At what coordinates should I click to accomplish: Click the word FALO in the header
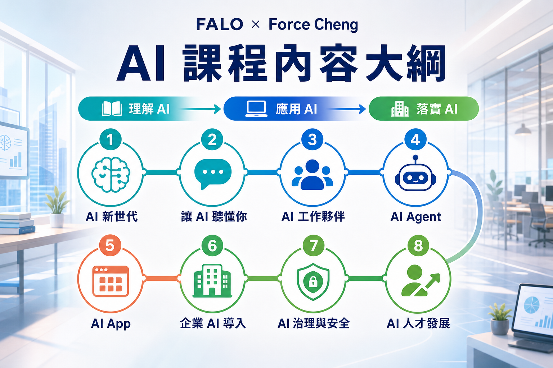pyautogui.click(x=219, y=24)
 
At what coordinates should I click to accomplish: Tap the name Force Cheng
pyautogui.click(x=313, y=25)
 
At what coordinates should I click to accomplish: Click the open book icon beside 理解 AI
pyautogui.click(x=112, y=109)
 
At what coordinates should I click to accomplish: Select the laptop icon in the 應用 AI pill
pyautogui.click(x=256, y=109)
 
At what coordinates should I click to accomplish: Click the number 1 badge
pyautogui.click(x=111, y=139)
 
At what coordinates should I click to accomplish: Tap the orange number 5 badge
pyautogui.click(x=110, y=245)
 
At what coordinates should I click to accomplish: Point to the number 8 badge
pyautogui.click(x=418, y=245)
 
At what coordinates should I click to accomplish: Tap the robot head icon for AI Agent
pyautogui.click(x=415, y=173)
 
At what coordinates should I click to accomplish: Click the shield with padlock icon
pyautogui.click(x=313, y=282)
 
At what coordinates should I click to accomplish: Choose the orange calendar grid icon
pyautogui.click(x=111, y=281)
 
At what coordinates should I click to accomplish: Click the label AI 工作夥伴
pyautogui.click(x=313, y=217)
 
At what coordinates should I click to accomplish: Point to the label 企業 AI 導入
pyautogui.click(x=213, y=323)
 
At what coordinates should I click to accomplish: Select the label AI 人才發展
pyautogui.click(x=418, y=323)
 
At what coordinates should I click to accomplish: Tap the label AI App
pyautogui.click(x=111, y=324)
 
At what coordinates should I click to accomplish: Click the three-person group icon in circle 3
pyautogui.click(x=312, y=175)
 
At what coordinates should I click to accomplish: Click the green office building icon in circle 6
pyautogui.click(x=212, y=281)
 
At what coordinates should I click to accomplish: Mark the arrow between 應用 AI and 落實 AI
pyautogui.click(x=347, y=109)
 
